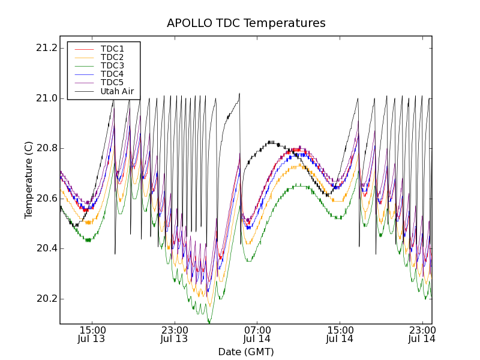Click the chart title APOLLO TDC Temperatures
coord(246,23)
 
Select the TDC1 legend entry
coord(112,49)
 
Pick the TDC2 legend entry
coord(112,57)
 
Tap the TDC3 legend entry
coord(112,65)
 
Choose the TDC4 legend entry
coord(112,74)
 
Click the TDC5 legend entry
coord(112,82)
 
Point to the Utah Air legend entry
coord(117,92)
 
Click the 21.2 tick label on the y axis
coord(46,48)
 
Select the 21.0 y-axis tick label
coord(46,98)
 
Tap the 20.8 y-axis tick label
coord(46,148)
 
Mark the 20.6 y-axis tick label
coord(46,199)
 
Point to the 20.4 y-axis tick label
coord(46,248)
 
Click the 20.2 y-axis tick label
coord(46,299)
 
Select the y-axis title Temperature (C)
coord(29,179)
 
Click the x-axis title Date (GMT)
coord(246,352)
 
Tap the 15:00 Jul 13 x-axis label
coord(92,334)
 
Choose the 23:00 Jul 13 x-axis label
coord(175,334)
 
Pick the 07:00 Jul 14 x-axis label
coord(257,334)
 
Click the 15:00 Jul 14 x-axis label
coord(340,334)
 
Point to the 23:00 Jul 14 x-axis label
coord(422,334)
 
